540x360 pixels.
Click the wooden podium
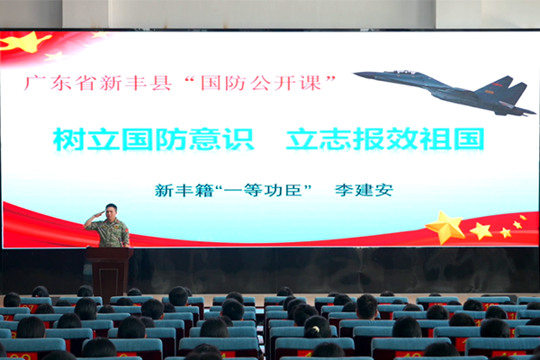tap(109, 272)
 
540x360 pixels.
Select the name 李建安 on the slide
tap(364, 190)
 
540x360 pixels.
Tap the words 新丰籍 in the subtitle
tap(184, 190)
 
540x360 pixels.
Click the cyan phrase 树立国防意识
tap(154, 139)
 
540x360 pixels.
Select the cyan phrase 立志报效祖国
tap(385, 139)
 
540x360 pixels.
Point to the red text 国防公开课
tap(261, 83)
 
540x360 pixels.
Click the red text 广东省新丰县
tap(98, 83)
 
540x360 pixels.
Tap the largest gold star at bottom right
tap(445, 226)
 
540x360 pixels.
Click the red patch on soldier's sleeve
tap(126, 229)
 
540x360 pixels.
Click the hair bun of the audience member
tap(314, 331)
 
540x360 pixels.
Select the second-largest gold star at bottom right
tap(481, 230)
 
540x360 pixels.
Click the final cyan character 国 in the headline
tap(469, 139)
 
